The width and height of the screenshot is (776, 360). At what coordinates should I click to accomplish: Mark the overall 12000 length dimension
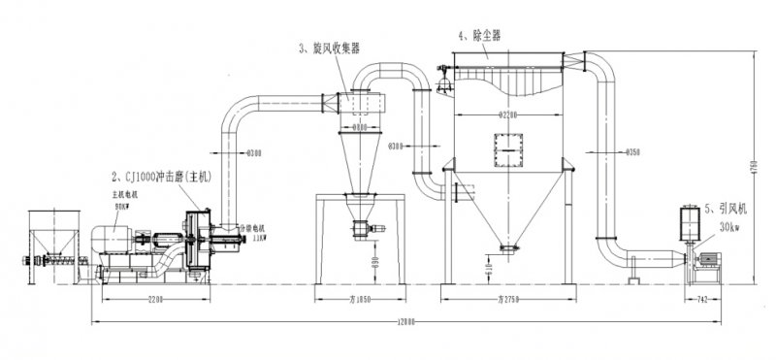(406, 320)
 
